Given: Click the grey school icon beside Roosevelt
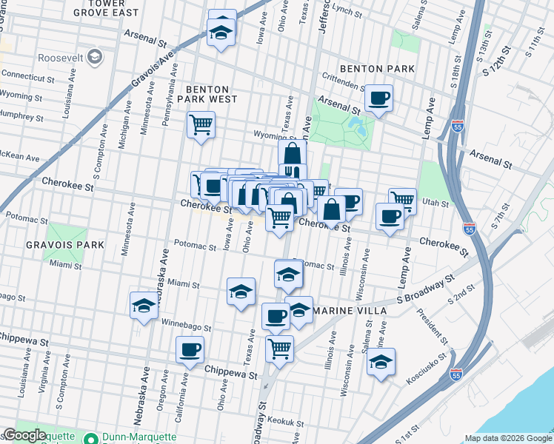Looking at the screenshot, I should click(x=95, y=57).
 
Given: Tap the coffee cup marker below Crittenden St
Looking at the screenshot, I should click(x=378, y=98).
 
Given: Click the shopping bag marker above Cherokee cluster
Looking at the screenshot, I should click(x=293, y=154).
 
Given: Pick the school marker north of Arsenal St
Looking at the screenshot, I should click(x=221, y=30).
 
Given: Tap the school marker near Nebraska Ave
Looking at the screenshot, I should click(x=144, y=305).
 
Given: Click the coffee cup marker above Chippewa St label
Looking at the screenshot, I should click(x=190, y=349).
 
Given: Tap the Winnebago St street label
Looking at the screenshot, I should click(x=183, y=326).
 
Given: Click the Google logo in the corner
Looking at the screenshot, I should click(x=24, y=435).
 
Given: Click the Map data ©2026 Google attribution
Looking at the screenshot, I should click(x=509, y=439).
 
